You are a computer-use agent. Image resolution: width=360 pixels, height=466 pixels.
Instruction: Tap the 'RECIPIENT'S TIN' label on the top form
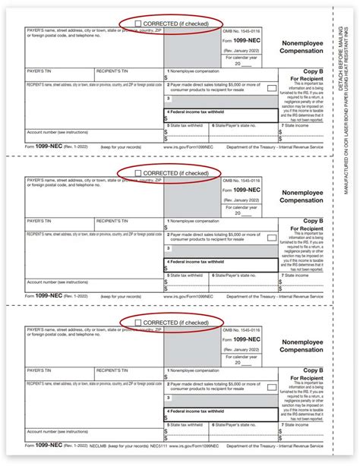[x=115, y=70]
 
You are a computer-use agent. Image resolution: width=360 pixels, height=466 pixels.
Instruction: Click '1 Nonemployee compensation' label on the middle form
[x=197, y=220]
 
